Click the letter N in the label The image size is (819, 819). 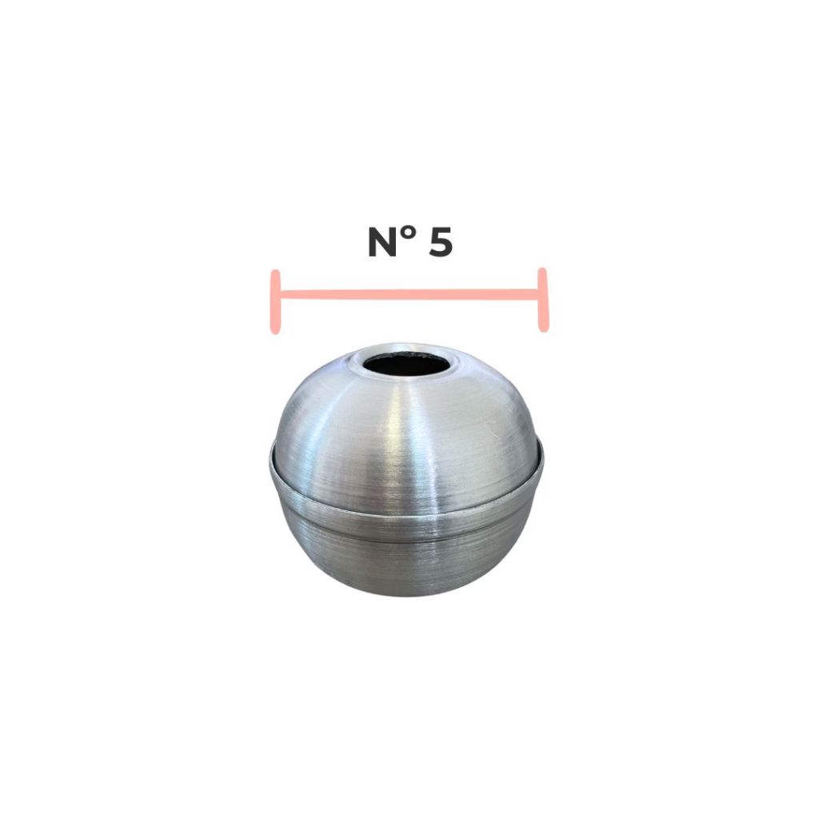coord(385,242)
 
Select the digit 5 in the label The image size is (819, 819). coord(441,242)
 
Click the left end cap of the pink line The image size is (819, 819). coord(276,302)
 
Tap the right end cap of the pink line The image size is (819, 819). coord(543,300)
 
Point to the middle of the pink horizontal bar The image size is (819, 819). coord(409,294)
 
